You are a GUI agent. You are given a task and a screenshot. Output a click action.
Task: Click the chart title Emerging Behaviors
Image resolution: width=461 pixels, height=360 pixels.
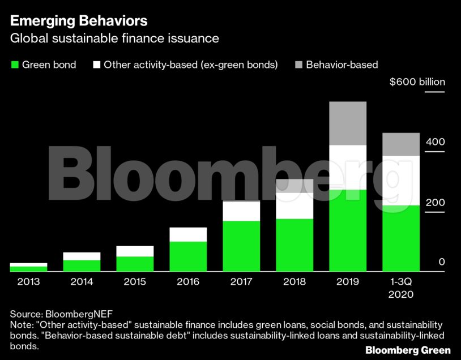point(79,21)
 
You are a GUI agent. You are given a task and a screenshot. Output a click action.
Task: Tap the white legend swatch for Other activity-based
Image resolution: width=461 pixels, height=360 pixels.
point(96,65)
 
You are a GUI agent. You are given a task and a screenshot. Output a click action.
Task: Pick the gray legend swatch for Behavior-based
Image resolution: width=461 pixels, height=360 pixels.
point(298,65)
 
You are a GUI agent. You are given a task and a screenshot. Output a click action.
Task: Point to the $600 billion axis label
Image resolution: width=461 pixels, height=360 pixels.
point(417,82)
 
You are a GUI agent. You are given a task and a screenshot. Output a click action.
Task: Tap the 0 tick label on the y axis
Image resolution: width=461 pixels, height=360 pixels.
point(441,262)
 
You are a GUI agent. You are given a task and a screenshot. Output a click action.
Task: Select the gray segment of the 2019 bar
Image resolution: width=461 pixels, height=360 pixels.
point(348,123)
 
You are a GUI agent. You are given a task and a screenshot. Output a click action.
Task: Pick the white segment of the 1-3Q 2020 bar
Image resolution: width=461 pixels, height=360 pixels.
point(401,180)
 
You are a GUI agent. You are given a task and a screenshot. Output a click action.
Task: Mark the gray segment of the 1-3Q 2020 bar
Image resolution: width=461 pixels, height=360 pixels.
point(401,144)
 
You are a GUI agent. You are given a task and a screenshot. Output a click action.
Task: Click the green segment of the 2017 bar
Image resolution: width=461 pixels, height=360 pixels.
point(241,246)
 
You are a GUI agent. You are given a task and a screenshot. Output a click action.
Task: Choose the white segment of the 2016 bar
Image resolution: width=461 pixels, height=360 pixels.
point(188,234)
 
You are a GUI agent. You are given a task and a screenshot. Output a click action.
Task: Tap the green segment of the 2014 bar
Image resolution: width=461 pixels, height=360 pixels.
point(82,265)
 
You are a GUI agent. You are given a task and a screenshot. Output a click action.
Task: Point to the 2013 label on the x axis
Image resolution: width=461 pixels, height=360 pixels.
point(28,281)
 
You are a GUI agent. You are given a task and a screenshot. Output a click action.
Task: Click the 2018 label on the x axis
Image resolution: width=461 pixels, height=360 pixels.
point(294,281)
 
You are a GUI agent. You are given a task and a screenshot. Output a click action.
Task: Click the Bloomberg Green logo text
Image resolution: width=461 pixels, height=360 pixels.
point(408,350)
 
